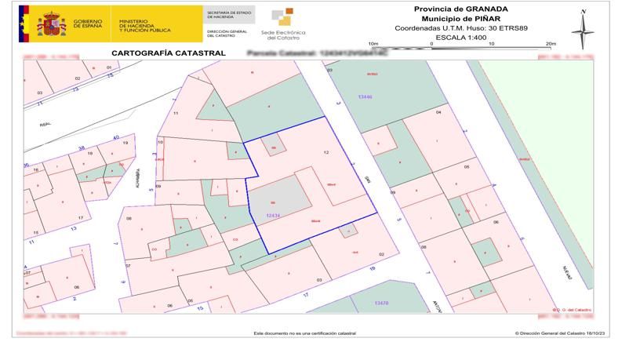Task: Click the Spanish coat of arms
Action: pos(51,24)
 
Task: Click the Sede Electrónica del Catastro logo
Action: pos(282,24)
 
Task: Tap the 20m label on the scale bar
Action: pos(550,44)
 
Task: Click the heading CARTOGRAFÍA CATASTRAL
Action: pos(169,53)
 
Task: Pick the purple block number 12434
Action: pos(273,215)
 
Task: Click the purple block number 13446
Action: pos(365,96)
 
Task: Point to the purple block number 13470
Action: pos(381,303)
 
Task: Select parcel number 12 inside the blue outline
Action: pos(325,151)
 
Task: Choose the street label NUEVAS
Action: pos(567,271)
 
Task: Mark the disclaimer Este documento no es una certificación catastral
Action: pos(304,333)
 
